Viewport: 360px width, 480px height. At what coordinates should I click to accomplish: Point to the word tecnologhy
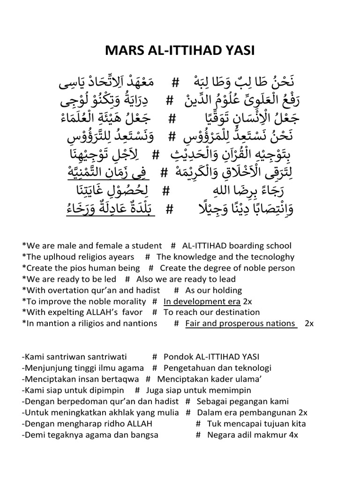click(274, 257)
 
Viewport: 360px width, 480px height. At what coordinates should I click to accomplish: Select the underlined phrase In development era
click(202, 301)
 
